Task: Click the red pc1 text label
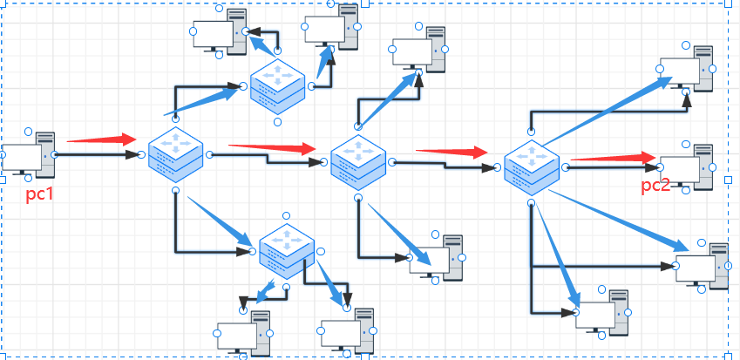39,194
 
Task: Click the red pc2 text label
655,185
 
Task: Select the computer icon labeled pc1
29,155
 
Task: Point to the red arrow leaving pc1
101,139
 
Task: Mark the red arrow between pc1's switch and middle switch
271,147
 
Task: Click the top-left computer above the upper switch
219,33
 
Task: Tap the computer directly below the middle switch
438,258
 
